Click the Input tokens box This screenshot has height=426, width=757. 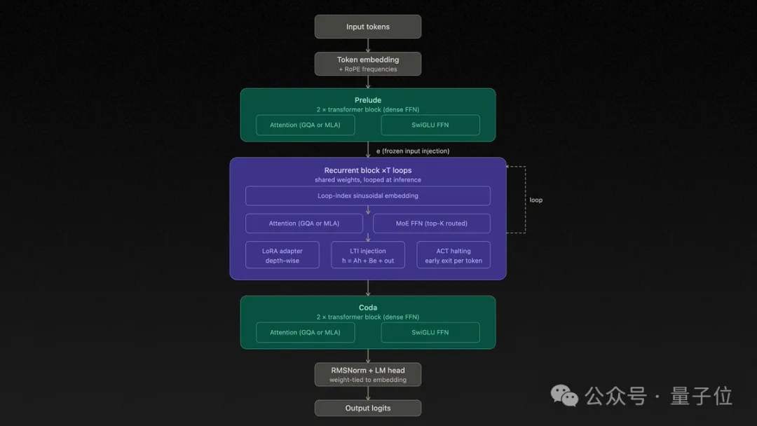(368, 27)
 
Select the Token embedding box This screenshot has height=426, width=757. (368, 64)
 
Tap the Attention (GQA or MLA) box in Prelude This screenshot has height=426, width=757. (305, 125)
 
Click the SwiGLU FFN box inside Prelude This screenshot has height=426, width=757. (430, 125)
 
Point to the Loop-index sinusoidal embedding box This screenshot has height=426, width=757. (368, 195)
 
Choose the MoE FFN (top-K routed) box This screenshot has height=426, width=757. (432, 224)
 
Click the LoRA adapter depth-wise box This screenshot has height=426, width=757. (282, 255)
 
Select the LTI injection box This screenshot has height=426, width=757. (368, 255)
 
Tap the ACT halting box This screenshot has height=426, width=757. (453, 255)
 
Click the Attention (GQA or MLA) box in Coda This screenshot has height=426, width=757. (305, 332)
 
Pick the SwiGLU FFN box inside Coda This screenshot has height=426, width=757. (430, 332)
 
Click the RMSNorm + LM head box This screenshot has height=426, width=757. (368, 374)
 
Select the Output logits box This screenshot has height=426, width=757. (368, 408)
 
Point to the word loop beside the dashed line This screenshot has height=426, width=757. (536, 200)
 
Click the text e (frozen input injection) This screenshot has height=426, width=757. (413, 151)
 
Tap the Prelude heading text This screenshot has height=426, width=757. (368, 100)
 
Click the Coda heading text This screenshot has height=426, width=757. (368, 308)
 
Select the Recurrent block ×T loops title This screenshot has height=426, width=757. (368, 170)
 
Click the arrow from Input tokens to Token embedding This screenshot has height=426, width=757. (368, 45)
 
